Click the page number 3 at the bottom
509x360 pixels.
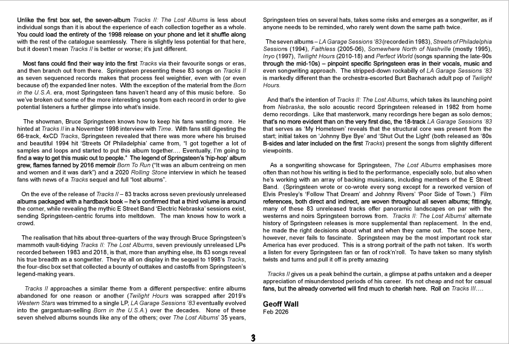point(254,338)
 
